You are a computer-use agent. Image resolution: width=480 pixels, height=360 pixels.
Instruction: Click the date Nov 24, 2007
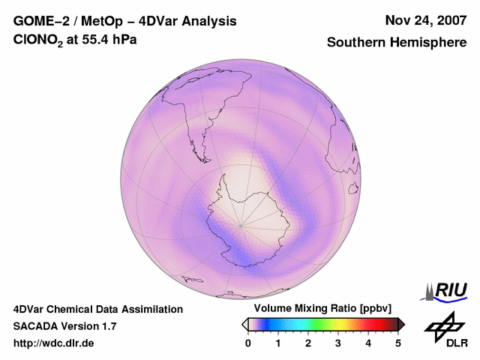pyautogui.click(x=425, y=20)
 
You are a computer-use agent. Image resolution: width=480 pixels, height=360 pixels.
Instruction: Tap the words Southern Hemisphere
pyautogui.click(x=397, y=43)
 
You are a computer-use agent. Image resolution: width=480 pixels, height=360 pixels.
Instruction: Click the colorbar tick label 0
pyautogui.click(x=248, y=343)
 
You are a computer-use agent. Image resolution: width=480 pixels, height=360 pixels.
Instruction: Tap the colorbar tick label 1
pyautogui.click(x=278, y=343)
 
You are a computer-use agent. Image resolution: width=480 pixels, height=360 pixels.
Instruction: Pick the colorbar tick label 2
pyautogui.click(x=308, y=343)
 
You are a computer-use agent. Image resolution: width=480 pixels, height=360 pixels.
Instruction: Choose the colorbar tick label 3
pyautogui.click(x=338, y=343)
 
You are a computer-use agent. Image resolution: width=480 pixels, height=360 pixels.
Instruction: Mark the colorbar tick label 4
pyautogui.click(x=368, y=343)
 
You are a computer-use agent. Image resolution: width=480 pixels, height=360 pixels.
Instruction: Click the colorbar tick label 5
pyautogui.click(x=398, y=343)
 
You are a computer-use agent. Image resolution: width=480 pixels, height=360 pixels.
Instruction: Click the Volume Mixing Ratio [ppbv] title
pyautogui.click(x=322, y=309)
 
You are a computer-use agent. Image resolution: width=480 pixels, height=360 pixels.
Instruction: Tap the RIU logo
pyautogui.click(x=445, y=291)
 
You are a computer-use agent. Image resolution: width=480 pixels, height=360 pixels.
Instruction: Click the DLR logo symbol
pyautogui.click(x=445, y=326)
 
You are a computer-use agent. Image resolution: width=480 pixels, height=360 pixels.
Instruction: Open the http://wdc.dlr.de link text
pyautogui.click(x=54, y=343)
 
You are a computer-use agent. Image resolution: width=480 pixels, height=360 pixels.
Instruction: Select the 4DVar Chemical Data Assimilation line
pyautogui.click(x=97, y=309)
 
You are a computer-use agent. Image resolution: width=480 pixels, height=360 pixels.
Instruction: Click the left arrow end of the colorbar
pyautogui.click(x=244, y=324)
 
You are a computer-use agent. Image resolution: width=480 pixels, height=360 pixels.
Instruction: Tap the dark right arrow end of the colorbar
pyautogui.click(x=401, y=324)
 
